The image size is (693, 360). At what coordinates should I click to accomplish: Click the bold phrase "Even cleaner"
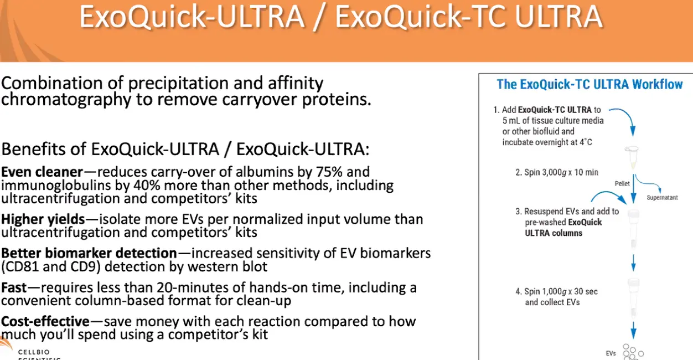tap(42, 172)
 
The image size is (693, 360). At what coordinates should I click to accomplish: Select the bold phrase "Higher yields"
tap(43, 219)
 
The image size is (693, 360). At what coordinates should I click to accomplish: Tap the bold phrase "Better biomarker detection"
tap(89, 253)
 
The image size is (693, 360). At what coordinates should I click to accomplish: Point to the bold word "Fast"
tap(14, 287)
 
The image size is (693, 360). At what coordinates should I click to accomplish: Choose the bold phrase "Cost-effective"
tap(45, 321)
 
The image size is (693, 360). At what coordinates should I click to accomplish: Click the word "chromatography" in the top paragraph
tap(66, 100)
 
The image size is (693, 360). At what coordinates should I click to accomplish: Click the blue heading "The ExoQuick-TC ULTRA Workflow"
tap(589, 84)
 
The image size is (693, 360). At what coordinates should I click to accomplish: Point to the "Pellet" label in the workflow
tap(622, 184)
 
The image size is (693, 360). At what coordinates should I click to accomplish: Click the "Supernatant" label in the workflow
tap(662, 198)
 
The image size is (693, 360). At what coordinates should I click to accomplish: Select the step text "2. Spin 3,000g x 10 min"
tap(557, 172)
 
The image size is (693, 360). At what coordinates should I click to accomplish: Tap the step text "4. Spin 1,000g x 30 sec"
tap(557, 291)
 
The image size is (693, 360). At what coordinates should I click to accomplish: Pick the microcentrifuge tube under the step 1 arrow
tap(632, 157)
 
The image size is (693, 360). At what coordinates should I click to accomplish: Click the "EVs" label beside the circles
tap(611, 353)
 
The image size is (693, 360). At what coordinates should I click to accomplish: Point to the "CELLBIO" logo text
tap(34, 352)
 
